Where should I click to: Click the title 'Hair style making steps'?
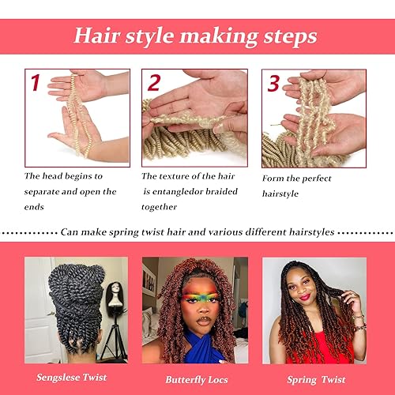point(197,36)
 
